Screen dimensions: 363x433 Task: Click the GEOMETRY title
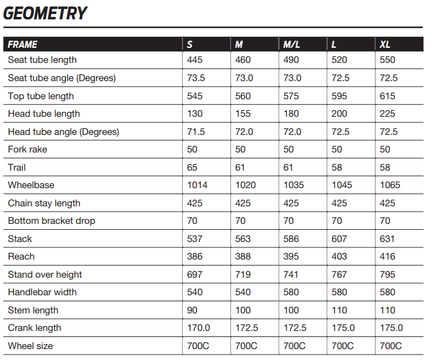(x=45, y=13)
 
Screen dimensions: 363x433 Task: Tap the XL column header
(x=385, y=44)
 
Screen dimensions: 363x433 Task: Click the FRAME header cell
(x=22, y=44)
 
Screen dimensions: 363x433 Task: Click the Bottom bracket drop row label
(x=51, y=221)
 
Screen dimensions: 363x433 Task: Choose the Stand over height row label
(x=45, y=275)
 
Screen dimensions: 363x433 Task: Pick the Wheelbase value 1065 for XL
(x=391, y=185)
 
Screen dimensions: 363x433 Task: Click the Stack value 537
(x=195, y=239)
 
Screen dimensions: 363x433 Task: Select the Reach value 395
(x=291, y=257)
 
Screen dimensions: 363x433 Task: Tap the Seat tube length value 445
(x=195, y=60)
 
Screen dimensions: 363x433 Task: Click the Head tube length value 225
(x=387, y=114)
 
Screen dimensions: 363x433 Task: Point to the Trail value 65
(x=192, y=168)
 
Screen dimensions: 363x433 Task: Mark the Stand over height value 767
(x=339, y=275)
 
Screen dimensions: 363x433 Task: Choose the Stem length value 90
(x=192, y=310)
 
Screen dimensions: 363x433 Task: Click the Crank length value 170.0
(x=198, y=328)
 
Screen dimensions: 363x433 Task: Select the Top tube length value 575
(x=291, y=96)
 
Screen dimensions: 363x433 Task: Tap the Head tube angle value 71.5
(x=196, y=132)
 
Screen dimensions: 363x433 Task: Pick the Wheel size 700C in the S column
(x=198, y=346)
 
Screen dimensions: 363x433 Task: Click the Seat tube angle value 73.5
(x=196, y=78)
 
